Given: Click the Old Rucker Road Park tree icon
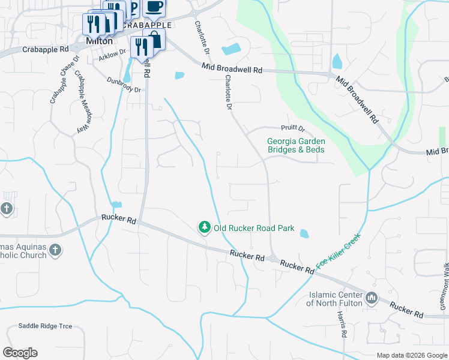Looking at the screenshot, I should [205, 227].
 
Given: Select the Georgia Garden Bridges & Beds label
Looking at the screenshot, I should [296, 146].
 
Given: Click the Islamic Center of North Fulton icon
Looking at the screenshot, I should [370, 297].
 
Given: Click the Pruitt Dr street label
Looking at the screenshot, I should [294, 128].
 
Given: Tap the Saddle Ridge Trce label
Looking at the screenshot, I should [45, 326].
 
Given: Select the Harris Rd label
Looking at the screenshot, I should [342, 325].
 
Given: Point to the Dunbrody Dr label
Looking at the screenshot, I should [123, 85].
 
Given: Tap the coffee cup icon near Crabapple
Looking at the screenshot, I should [154, 7].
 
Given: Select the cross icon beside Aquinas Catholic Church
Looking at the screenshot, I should [55, 250].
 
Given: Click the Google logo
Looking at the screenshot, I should [20, 353].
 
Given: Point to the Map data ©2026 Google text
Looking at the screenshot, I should [411, 355].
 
